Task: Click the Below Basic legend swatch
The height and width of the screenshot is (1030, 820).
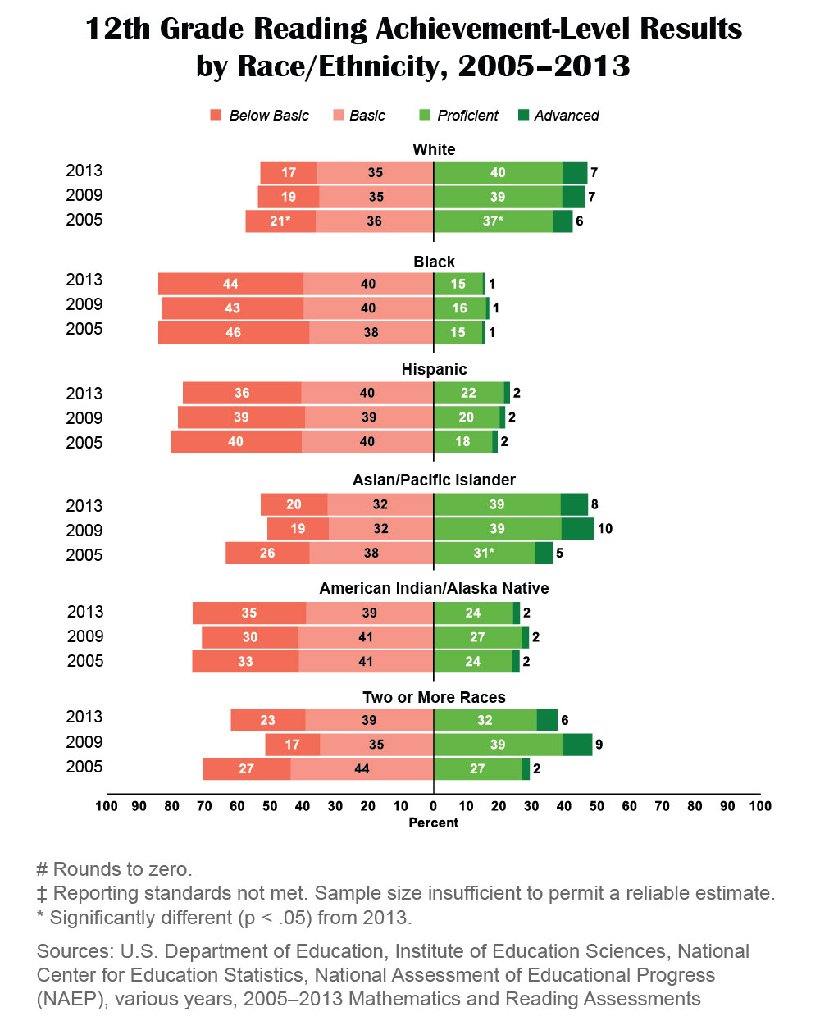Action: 216,115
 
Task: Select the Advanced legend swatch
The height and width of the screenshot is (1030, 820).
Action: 524,115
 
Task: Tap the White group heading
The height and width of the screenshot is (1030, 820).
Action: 434,149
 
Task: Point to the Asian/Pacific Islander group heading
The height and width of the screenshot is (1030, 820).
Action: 434,480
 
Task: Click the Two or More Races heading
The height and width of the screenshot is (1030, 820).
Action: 434,697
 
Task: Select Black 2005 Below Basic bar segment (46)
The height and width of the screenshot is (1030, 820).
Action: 234,332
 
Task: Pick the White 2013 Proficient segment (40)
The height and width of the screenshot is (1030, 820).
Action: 498,172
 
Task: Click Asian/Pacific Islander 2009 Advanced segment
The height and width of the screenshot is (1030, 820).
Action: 577,529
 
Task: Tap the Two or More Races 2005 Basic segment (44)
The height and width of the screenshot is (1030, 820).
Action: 362,768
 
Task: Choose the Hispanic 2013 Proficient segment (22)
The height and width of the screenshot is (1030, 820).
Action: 468,393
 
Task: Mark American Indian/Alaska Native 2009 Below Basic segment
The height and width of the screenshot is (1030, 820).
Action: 250,637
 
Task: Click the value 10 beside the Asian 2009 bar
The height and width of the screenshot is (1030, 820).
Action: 605,529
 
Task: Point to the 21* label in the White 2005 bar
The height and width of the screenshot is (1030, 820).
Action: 280,221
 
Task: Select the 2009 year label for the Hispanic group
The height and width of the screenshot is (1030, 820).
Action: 84,418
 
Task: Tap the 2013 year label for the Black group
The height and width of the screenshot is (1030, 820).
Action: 84,280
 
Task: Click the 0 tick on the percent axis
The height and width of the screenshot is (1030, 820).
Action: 433,806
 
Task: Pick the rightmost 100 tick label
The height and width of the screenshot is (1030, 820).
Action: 760,806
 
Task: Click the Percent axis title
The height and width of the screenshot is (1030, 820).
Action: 434,823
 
